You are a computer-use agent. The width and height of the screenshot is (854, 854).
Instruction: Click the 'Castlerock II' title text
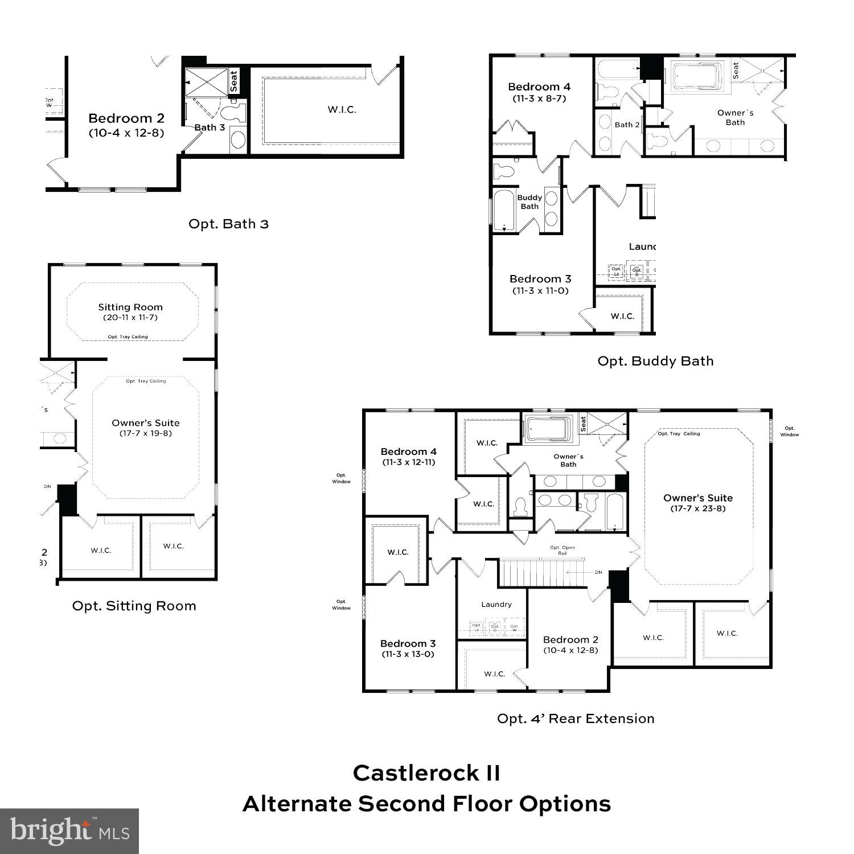[426, 773]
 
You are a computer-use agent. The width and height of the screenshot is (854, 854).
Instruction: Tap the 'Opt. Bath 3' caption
[228, 224]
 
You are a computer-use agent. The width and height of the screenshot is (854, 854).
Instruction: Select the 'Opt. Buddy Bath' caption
[655, 361]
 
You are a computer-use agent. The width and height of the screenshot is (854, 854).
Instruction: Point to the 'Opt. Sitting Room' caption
[134, 606]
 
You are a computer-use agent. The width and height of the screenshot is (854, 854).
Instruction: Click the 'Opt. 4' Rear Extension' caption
[576, 718]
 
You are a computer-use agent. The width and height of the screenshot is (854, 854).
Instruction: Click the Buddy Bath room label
[529, 202]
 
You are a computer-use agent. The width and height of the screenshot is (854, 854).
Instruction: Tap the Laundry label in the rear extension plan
[496, 604]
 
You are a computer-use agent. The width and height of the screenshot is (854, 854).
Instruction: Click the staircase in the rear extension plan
[541, 573]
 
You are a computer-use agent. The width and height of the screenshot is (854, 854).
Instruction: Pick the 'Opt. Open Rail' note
[562, 550]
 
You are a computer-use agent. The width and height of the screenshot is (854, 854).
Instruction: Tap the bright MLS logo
[69, 831]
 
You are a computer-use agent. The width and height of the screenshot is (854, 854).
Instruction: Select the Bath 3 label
[210, 128]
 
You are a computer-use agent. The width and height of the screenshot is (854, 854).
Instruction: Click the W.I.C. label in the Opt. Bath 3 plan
[342, 109]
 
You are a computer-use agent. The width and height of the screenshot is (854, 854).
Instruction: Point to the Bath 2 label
[627, 125]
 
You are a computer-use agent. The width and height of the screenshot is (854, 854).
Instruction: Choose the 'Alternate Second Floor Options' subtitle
[426, 804]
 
